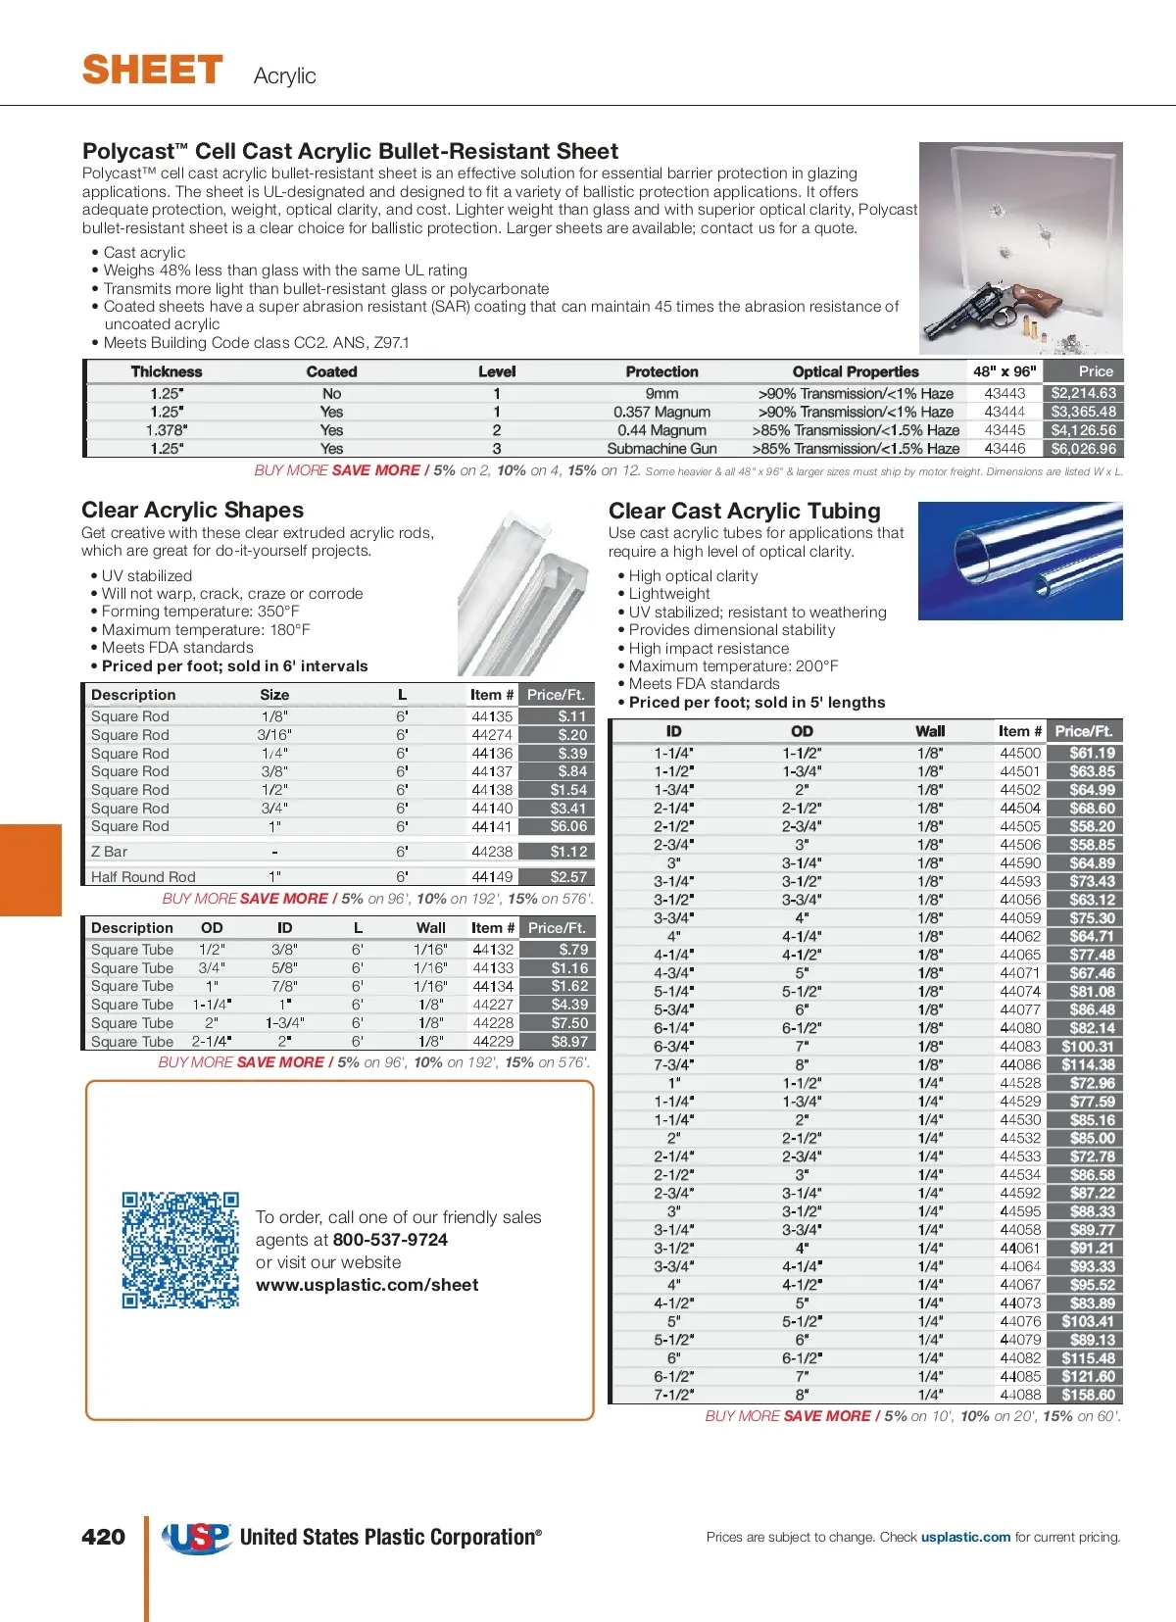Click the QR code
tap(180, 1250)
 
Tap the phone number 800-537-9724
tap(390, 1240)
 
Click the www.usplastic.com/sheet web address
tap(367, 1285)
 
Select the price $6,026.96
tap(1083, 449)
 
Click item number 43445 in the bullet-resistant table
tap(1004, 430)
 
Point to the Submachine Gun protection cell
tap(661, 449)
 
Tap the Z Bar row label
tap(109, 852)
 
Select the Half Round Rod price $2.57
tap(567, 877)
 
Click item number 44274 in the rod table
tap(492, 735)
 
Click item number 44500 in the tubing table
tap(1020, 753)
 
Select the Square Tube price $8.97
tap(569, 1042)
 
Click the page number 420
tap(103, 1537)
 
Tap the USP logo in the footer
tap(196, 1537)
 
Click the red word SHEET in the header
tap(153, 71)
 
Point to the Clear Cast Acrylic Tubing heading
tap(744, 511)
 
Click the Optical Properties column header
tap(856, 372)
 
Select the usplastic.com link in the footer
tap(965, 1537)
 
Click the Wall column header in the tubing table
tap(930, 731)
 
